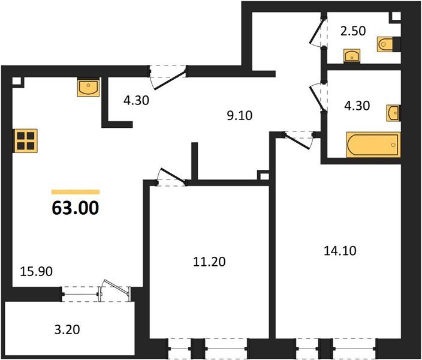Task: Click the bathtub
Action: (x=372, y=145)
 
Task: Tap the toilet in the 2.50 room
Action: (x=387, y=44)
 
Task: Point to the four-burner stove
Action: (x=26, y=142)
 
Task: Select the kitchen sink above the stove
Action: (x=89, y=88)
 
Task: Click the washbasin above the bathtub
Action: (x=393, y=112)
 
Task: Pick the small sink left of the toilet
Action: (x=352, y=56)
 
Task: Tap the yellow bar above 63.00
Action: (x=76, y=191)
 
